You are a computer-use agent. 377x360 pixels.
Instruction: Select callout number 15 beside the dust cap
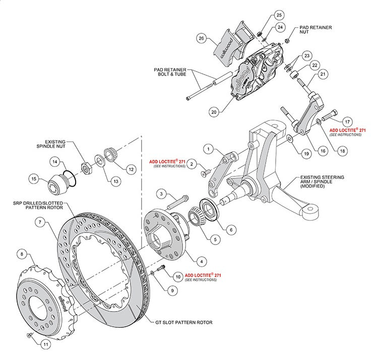(x=35, y=178)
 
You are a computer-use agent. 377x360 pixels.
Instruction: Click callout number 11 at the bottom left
(x=45, y=345)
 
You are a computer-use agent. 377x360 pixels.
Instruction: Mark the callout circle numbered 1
(x=207, y=149)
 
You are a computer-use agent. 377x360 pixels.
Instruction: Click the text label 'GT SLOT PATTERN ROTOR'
(x=184, y=322)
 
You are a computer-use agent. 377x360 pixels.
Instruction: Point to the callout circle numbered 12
(x=131, y=169)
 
